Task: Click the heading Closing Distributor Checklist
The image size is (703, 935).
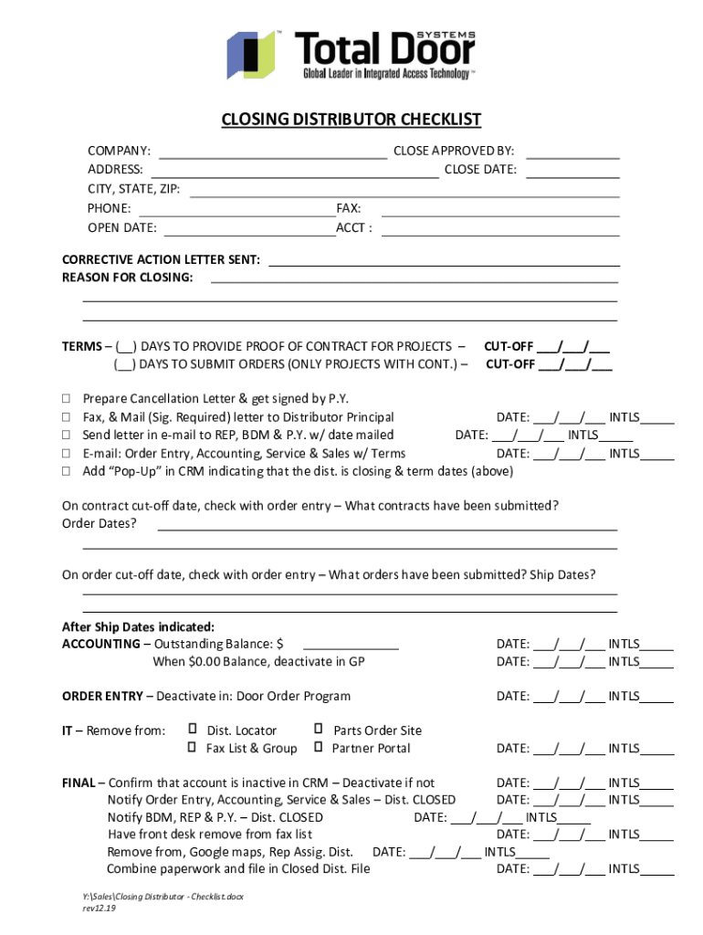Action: click(351, 121)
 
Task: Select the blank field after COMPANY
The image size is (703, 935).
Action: click(273, 152)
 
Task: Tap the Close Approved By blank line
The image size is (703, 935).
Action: click(572, 152)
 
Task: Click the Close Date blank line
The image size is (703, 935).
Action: click(572, 170)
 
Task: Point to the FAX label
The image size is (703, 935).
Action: click(349, 209)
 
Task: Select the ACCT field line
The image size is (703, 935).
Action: click(499, 228)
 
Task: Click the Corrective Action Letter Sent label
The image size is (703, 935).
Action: click(161, 260)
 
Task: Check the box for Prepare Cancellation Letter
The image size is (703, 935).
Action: click(67, 399)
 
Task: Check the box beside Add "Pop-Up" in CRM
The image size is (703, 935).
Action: click(67, 472)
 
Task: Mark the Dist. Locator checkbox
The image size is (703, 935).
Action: click(193, 730)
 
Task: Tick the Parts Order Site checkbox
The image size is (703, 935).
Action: click(319, 730)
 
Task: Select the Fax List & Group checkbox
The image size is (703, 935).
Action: click(193, 748)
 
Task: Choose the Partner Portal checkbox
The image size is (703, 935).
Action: click(319, 748)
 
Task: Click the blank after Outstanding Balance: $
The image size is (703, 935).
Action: click(351, 645)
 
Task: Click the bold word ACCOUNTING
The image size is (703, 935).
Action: click(100, 644)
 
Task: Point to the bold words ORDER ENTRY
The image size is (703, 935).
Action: click(102, 697)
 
